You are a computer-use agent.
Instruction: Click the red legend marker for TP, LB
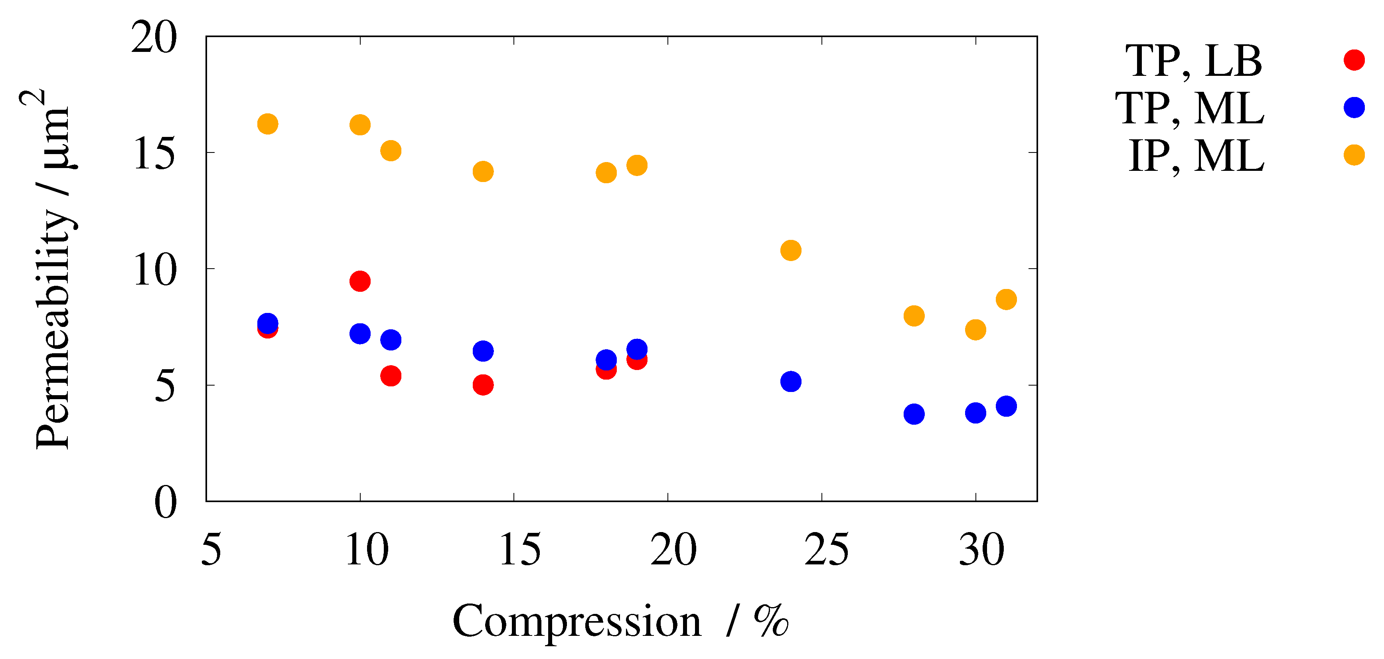click(1354, 59)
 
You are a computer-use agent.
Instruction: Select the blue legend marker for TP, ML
click(1354, 107)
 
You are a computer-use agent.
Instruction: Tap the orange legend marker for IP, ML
click(1354, 155)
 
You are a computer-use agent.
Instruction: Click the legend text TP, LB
click(1193, 61)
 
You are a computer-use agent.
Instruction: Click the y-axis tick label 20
click(154, 38)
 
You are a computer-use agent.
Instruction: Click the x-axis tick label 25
click(826, 550)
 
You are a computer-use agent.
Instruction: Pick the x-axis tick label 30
click(981, 550)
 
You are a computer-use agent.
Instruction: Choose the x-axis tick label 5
click(211, 550)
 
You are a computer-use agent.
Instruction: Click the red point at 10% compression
click(360, 281)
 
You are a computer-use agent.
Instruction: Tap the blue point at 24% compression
click(791, 382)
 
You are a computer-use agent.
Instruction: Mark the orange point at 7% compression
click(268, 124)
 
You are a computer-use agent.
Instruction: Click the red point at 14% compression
click(483, 385)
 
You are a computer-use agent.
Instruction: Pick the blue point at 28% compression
click(914, 414)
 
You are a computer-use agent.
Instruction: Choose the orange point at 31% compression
click(1006, 299)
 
